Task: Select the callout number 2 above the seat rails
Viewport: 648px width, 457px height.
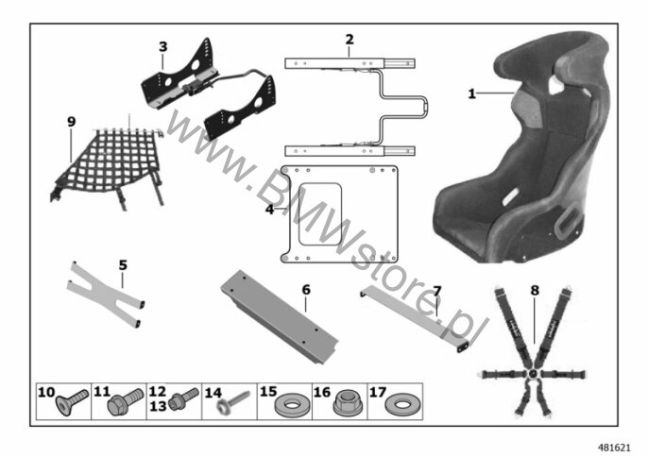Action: (x=350, y=40)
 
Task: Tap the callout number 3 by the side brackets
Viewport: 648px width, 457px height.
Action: (x=163, y=46)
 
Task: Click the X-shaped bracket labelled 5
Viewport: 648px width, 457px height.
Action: (x=106, y=295)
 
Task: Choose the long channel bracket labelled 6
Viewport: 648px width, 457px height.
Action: (x=280, y=316)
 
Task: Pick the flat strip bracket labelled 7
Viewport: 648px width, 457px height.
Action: (x=415, y=318)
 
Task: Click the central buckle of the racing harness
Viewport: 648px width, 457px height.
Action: (x=533, y=373)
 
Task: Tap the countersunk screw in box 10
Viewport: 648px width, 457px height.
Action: (x=72, y=402)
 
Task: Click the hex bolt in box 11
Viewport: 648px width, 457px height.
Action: (x=125, y=401)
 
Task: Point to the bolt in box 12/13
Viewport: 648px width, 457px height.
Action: (x=184, y=398)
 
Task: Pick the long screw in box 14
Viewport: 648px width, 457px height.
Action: (x=233, y=402)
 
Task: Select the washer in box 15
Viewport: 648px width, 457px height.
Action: (x=292, y=404)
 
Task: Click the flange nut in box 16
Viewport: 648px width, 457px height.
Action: (x=348, y=403)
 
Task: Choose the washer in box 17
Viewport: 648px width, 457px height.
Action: (x=401, y=404)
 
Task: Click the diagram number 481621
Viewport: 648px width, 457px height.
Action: (x=615, y=448)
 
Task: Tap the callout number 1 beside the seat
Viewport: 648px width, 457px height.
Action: (x=471, y=93)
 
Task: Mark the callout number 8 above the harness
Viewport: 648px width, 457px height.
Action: (x=535, y=291)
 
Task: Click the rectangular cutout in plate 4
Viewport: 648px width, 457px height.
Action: (x=320, y=214)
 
